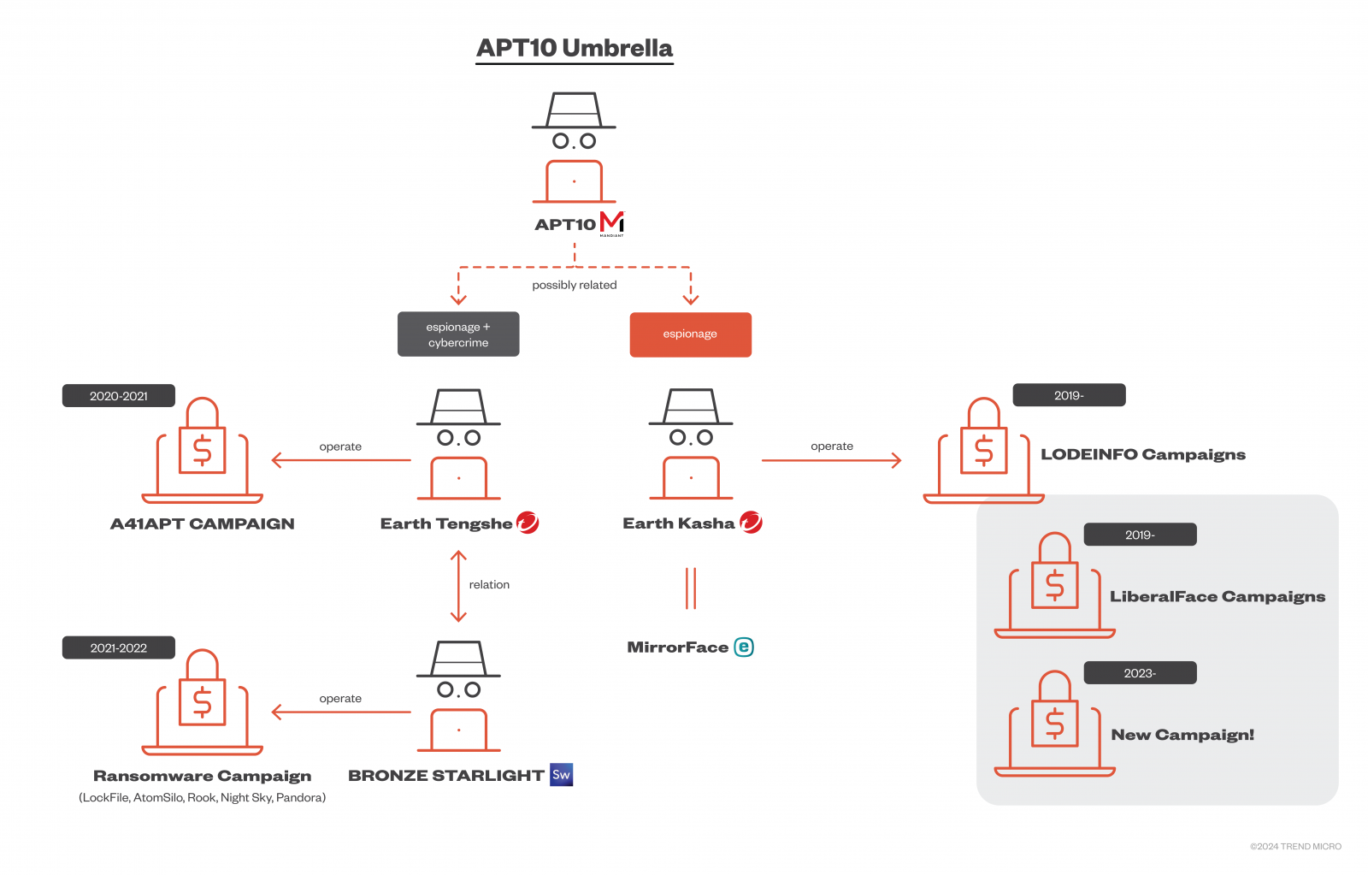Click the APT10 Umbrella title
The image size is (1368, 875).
pyautogui.click(x=574, y=48)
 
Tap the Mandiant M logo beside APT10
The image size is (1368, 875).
pyautogui.click(x=612, y=223)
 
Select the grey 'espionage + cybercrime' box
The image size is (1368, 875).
pyautogui.click(x=458, y=334)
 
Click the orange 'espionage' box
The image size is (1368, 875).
pyautogui.click(x=690, y=334)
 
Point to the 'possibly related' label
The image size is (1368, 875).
pyautogui.click(x=574, y=285)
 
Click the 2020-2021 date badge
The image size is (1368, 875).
pyautogui.click(x=119, y=396)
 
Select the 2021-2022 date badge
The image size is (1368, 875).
pyautogui.click(x=119, y=647)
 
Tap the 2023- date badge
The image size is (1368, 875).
pyautogui.click(x=1140, y=673)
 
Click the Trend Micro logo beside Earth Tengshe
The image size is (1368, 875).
pyautogui.click(x=528, y=523)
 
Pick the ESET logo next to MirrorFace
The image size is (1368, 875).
pyautogui.click(x=743, y=647)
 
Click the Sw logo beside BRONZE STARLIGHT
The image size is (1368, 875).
pyautogui.click(x=561, y=775)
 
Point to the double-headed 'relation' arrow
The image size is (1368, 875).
pyautogui.click(x=458, y=587)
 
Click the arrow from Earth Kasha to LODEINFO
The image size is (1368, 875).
pyautogui.click(x=831, y=460)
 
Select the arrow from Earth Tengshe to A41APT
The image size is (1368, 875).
pyautogui.click(x=341, y=460)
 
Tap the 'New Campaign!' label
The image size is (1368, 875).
pyautogui.click(x=1182, y=735)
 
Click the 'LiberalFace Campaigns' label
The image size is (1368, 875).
pyautogui.click(x=1218, y=596)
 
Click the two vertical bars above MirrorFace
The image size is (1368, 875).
pyautogui.click(x=691, y=588)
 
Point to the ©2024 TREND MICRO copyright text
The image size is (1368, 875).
pyautogui.click(x=1295, y=846)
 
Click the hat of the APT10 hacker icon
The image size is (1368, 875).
pyautogui.click(x=574, y=110)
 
